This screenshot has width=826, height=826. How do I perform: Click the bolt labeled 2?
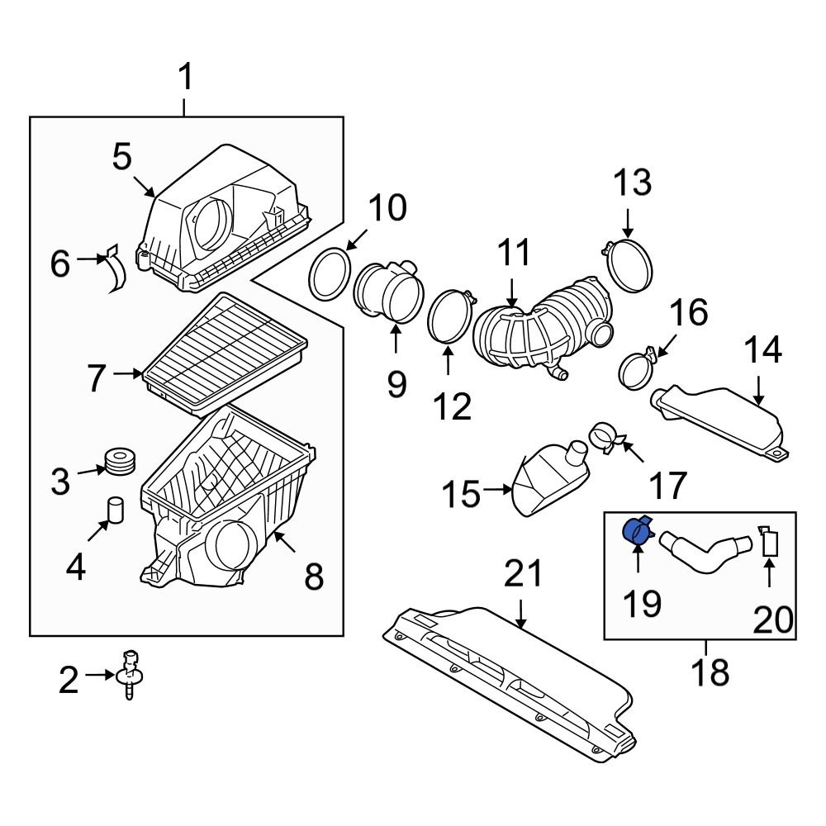[x=129, y=672]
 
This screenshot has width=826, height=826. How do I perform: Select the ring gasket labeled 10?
[x=329, y=273]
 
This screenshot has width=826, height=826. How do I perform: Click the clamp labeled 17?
[x=605, y=437]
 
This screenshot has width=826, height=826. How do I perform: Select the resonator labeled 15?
[x=550, y=479]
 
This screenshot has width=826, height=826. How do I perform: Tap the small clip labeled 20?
[x=770, y=541]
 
